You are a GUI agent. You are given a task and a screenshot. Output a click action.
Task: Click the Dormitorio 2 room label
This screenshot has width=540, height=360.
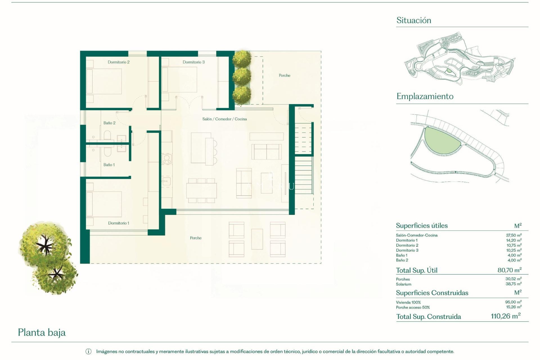coord(118,62)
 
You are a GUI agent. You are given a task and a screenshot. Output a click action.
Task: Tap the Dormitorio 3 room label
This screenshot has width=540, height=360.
coord(193,62)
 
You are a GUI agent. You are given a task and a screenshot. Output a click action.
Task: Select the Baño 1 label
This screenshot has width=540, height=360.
coord(109,165)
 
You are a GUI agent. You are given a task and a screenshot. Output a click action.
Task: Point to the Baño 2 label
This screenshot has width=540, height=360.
coord(109,123)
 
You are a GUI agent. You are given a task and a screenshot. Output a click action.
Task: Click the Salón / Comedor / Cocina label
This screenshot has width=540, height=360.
coord(224,119)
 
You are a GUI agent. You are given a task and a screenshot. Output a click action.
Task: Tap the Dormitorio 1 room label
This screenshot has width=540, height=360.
coord(118,223)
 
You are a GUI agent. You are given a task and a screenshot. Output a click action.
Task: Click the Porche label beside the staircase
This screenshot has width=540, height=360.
coord(284,75)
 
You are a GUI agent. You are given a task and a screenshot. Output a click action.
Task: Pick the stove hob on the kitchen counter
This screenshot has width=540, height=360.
coord(166,159)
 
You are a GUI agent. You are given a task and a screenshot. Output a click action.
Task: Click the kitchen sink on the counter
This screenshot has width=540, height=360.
coord(166,181)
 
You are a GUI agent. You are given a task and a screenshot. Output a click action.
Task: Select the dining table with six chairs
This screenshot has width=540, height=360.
coord(201,190)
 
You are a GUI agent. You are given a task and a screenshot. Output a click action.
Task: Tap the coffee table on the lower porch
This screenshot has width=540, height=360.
coord(257,239)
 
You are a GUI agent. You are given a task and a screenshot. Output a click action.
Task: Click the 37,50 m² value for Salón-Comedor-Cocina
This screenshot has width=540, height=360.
coord(513,235)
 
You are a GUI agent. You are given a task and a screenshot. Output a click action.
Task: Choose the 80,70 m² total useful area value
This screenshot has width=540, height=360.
coord(509,270)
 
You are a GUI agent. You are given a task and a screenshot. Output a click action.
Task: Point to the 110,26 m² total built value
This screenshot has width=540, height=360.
coord(505,316)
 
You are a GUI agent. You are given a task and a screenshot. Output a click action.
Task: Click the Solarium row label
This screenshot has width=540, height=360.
coord(403,284)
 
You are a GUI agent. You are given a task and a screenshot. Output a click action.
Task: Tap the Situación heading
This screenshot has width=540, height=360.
coord(413,20)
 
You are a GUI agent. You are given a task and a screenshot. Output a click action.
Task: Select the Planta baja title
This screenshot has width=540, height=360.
coord(42,332)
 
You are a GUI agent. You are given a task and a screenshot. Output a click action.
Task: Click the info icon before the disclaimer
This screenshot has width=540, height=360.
coord(88,352)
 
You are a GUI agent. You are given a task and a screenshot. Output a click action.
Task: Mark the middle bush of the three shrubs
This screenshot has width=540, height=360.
coord(242,76)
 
